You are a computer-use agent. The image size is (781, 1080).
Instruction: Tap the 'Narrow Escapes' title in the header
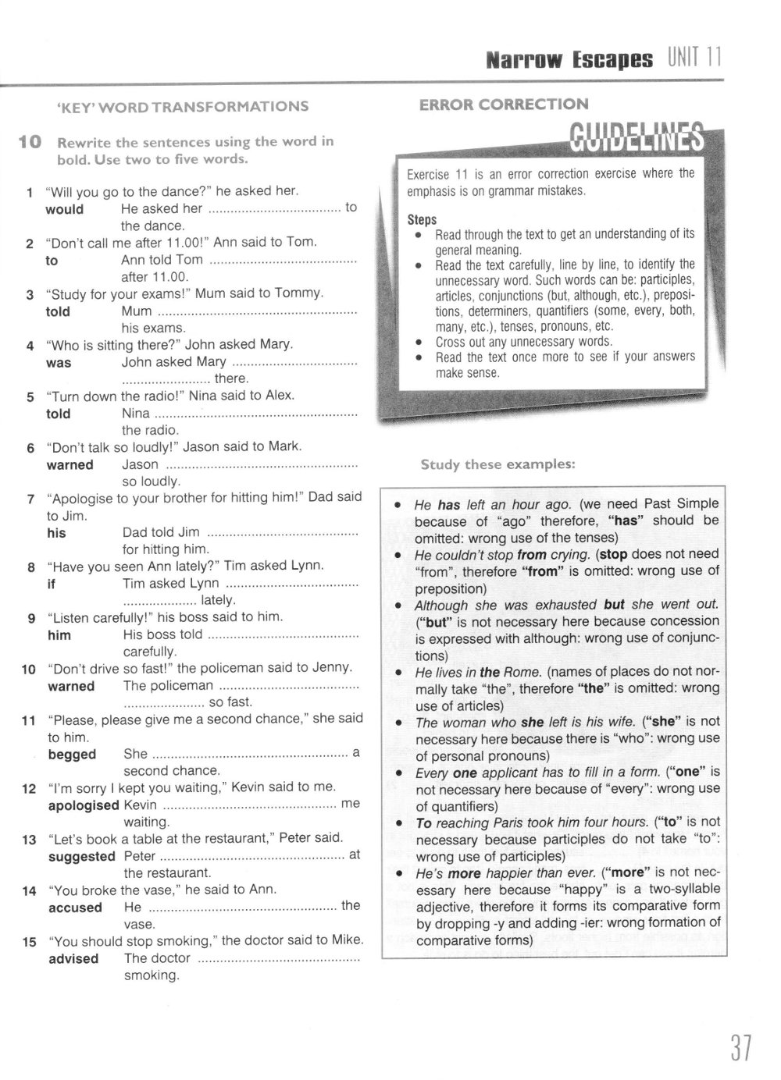(569, 59)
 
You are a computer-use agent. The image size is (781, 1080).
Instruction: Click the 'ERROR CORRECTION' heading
(504, 104)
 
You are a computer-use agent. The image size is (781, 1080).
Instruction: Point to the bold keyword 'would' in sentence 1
(64, 209)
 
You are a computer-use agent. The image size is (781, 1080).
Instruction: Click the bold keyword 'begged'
(72, 755)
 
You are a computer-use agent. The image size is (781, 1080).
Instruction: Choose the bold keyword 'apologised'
(84, 805)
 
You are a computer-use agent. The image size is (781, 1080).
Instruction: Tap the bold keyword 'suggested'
(81, 856)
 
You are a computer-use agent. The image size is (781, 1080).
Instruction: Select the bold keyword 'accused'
(75, 908)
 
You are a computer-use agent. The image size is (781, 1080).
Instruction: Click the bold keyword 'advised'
(73, 958)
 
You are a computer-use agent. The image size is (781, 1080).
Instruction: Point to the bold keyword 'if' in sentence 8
(52, 584)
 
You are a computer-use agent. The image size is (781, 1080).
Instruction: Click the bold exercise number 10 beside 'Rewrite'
(30, 142)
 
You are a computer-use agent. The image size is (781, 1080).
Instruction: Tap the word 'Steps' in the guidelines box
(422, 219)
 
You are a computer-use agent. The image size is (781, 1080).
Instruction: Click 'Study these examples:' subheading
(497, 464)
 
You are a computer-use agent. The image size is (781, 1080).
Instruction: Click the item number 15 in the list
(30, 942)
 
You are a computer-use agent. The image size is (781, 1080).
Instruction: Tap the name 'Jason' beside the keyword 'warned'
(140, 464)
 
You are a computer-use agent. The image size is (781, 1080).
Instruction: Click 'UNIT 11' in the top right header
(694, 58)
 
